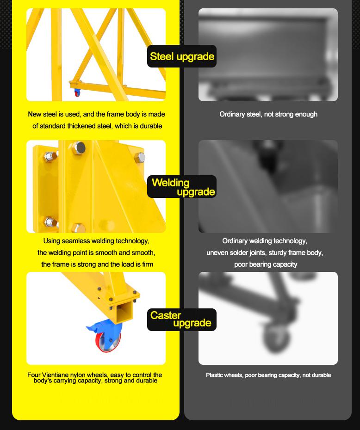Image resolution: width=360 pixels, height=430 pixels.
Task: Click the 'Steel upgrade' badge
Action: pos(182,56)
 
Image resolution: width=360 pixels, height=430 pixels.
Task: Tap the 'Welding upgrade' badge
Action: pos(182,186)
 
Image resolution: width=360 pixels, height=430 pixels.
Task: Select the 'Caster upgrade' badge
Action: pos(182,319)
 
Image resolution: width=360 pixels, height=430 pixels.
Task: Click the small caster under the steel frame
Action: pos(77,92)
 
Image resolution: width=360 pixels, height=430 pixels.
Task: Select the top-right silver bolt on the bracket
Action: pos(140,158)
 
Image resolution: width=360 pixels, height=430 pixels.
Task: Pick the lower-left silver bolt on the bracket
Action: pos(51,222)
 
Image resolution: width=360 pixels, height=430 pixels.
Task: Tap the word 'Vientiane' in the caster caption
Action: pos(56,375)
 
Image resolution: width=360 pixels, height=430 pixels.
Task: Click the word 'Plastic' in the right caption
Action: pos(215,375)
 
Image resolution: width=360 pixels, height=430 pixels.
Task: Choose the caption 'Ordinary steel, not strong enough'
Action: pos(268,114)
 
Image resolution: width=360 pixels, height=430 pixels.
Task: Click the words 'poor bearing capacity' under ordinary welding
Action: pos(266,264)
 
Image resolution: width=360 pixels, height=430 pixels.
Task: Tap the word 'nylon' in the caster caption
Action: pos(78,375)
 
